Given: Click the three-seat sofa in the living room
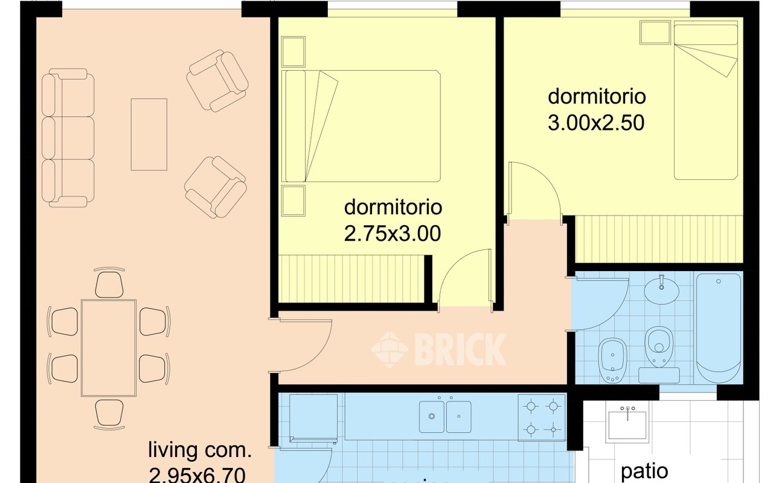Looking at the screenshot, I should (x=68, y=138).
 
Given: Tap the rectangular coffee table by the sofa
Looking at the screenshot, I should (x=149, y=134).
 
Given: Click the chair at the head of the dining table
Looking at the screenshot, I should (x=109, y=283).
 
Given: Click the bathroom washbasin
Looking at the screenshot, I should (x=662, y=290).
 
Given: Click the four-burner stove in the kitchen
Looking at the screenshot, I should (x=542, y=416).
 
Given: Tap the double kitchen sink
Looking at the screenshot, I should (x=446, y=416).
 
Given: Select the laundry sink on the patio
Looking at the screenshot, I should (x=629, y=422).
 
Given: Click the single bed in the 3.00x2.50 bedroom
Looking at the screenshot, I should (x=706, y=101).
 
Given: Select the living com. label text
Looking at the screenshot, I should (x=200, y=450).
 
